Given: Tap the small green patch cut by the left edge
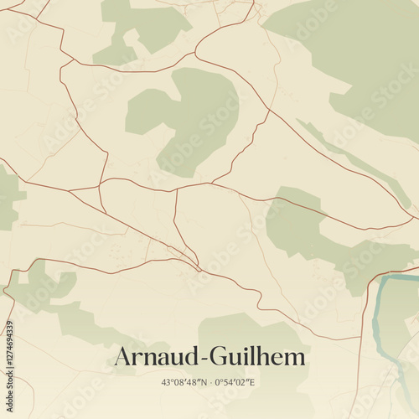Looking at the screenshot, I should pyautogui.click(x=8, y=197).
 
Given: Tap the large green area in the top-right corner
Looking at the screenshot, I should pyautogui.click(x=360, y=50).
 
